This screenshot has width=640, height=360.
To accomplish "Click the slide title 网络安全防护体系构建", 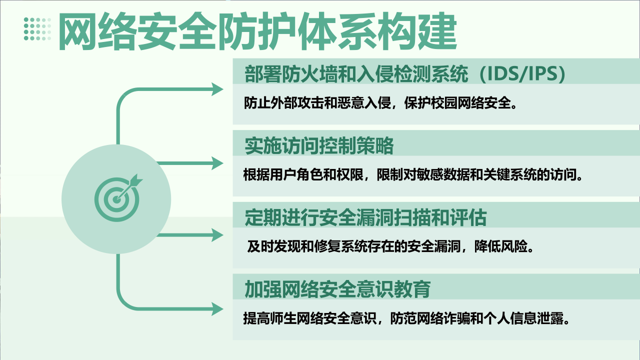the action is (257, 31).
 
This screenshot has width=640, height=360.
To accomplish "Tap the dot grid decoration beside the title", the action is (37, 29).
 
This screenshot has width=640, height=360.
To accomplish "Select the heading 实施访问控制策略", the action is (319, 145).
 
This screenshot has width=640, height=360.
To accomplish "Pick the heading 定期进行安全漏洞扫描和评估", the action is (365, 217).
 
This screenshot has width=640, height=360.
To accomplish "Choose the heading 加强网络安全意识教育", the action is (337, 289).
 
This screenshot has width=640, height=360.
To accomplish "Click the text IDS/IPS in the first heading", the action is (522, 73).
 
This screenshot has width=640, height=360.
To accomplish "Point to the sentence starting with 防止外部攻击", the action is (380, 103).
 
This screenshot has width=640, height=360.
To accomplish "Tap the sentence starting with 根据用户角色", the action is (413, 174).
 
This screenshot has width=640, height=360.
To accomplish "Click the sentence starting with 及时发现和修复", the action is (390, 246).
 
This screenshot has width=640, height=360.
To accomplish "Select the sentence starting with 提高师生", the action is (406, 318).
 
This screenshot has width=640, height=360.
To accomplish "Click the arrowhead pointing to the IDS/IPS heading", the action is (217, 89).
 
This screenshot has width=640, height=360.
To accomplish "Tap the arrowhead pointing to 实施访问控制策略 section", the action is (217, 163).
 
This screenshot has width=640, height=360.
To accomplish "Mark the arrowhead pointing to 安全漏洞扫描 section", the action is (217, 235).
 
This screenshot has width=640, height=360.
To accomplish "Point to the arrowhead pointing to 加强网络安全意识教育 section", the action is (217, 309).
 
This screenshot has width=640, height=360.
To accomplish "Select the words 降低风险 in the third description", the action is (501, 246).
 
